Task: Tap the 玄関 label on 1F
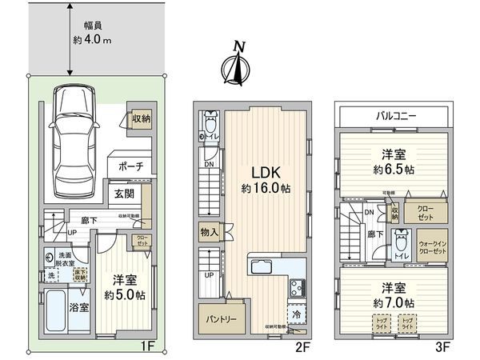coord(124,193)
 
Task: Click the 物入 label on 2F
coord(207,232)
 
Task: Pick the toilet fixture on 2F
coord(210,122)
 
